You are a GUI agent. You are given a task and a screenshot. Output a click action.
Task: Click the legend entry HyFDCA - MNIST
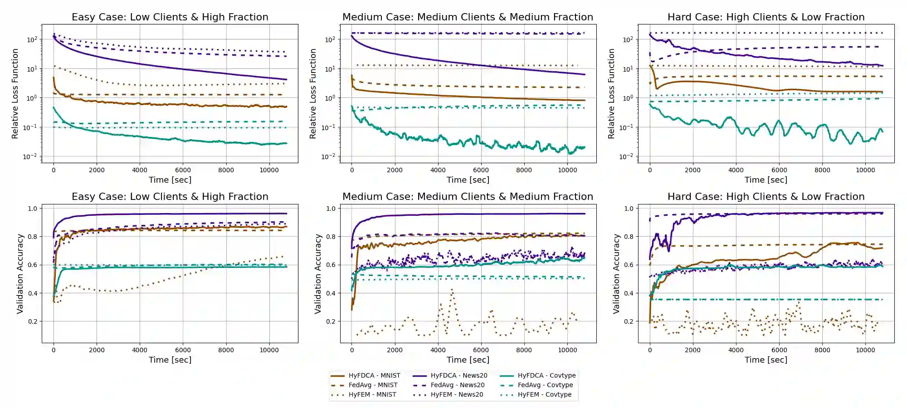pos(374,375)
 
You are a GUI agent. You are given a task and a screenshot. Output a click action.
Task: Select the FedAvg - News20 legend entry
pos(457,385)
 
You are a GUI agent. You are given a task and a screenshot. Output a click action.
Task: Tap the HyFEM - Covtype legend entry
pos(544,394)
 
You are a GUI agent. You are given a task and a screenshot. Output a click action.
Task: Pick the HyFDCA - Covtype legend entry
pos(546,375)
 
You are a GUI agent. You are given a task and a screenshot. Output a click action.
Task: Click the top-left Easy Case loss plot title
pos(170,17)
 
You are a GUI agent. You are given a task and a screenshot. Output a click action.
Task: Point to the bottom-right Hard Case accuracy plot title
pos(766,197)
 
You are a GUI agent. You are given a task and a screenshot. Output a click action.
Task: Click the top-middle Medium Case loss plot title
pos(468,17)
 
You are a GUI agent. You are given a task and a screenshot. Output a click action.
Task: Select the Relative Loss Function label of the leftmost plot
pos(15,93)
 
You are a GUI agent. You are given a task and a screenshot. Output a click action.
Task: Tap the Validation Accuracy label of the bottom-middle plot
pos(318,273)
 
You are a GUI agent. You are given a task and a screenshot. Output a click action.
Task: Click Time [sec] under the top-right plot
pos(766,180)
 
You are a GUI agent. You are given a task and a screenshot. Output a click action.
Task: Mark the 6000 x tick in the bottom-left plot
pos(183,350)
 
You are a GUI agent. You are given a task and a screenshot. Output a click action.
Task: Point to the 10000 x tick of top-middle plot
pos(567,170)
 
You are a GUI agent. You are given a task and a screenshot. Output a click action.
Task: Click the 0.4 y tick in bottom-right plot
pos(629,293)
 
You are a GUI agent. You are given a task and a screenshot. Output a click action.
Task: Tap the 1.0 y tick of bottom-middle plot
pos(331,209)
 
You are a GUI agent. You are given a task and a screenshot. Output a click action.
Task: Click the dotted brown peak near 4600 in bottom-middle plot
pos(452,290)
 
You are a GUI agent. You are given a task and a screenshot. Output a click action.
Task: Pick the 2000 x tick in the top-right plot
pos(692,170)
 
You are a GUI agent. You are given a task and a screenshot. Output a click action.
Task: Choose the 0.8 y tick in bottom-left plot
pos(32,237)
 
